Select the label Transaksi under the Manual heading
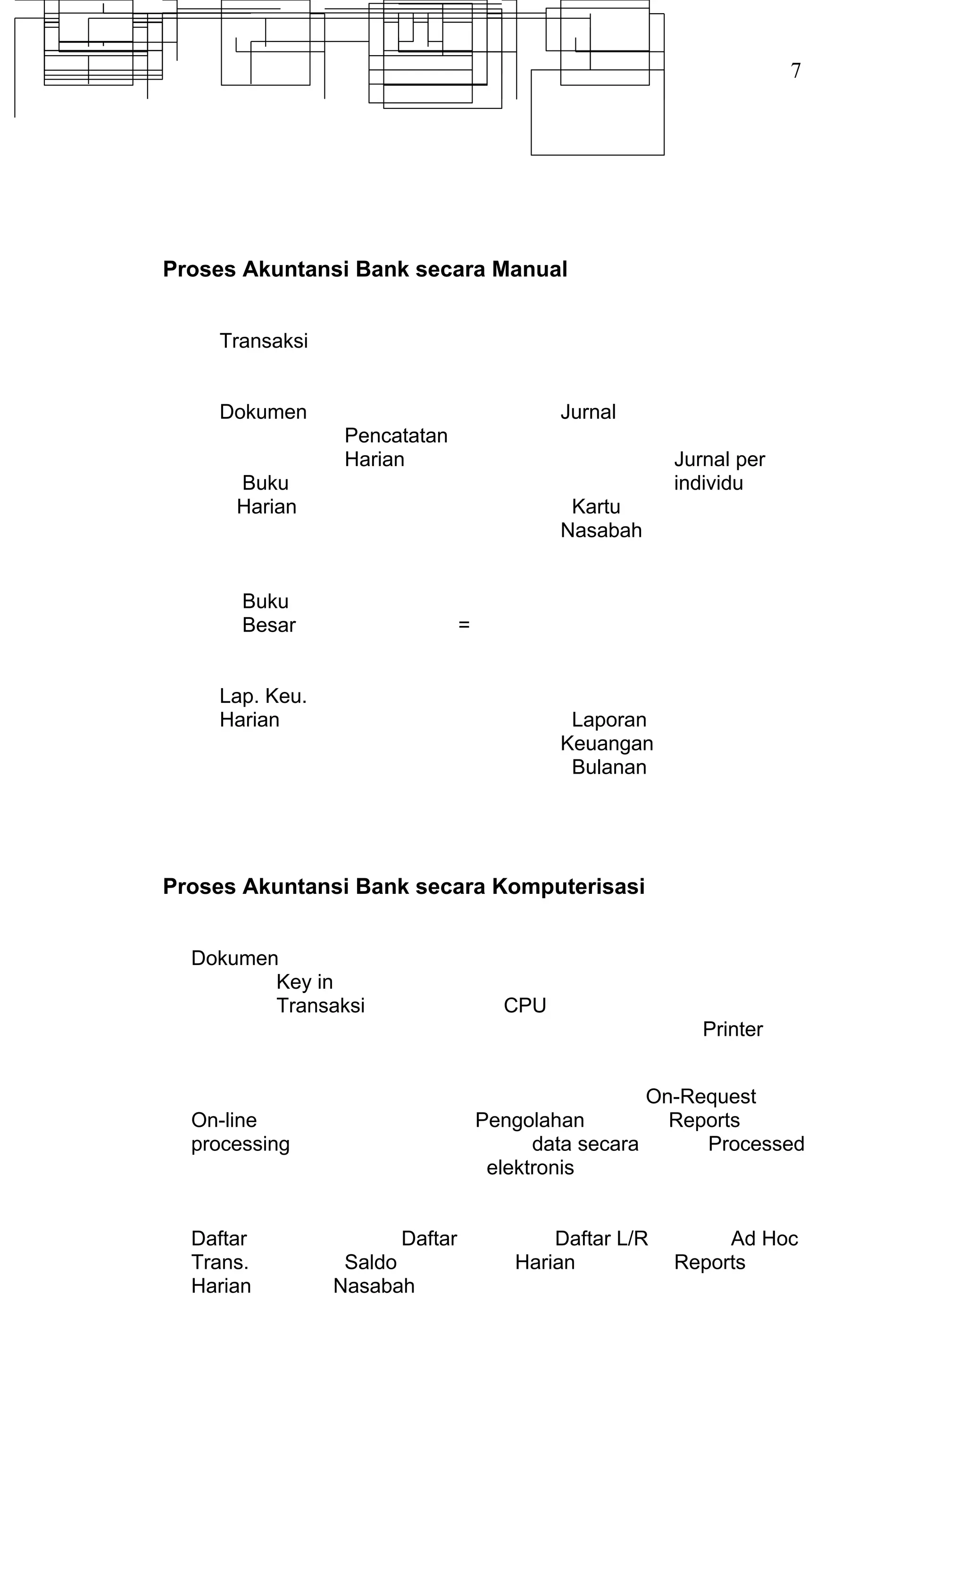point(264,341)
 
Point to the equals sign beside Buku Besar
point(464,625)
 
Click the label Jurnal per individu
point(719,471)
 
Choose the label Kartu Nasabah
point(600,518)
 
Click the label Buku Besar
point(268,613)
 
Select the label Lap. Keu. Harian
point(262,708)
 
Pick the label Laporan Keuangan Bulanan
point(607,743)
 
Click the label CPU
point(525,1005)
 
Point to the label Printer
point(732,1029)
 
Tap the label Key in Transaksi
point(320,994)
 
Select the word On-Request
point(700,1096)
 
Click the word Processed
point(756,1143)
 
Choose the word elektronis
point(530,1167)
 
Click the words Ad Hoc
point(764,1239)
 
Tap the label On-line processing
point(240,1132)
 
